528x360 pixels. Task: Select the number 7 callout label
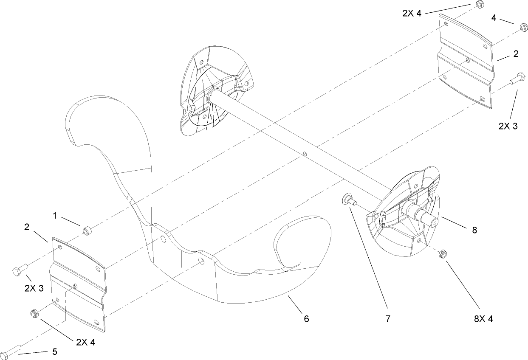click(387, 318)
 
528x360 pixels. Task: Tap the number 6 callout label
click(306, 318)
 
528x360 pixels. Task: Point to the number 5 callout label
click(54, 352)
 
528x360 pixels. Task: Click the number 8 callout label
click(474, 230)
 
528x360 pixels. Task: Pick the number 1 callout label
click(55, 216)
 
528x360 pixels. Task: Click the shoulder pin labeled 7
click(348, 200)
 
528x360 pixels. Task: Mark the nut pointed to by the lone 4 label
click(524, 28)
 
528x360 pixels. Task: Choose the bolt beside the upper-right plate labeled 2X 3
click(515, 79)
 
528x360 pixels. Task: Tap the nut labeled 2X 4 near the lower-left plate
click(34, 314)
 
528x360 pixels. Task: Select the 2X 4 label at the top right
click(412, 13)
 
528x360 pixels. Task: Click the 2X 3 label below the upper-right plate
click(508, 126)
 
